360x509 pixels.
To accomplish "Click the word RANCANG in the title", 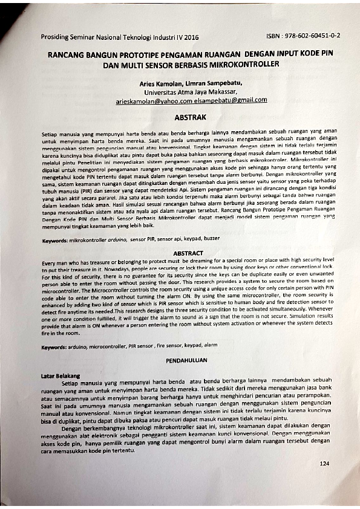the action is [x=67, y=54].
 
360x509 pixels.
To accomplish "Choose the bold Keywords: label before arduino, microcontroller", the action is [x=55, y=347].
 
